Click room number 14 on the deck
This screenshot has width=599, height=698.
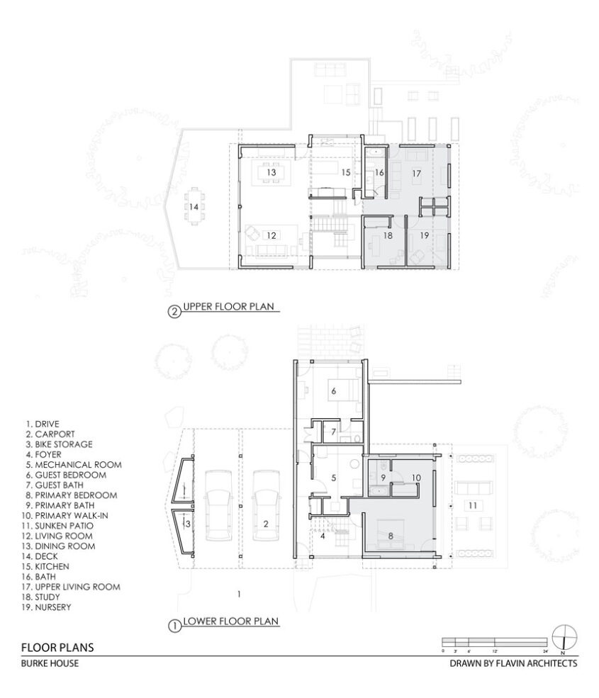tap(194, 207)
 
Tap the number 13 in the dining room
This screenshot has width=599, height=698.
tap(270, 172)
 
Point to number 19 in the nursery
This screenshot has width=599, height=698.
tap(423, 235)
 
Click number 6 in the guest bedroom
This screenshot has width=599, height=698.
tap(333, 389)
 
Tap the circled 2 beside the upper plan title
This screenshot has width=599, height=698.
tap(174, 309)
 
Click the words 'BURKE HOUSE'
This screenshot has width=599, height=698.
tap(49, 665)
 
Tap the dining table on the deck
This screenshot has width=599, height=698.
tap(194, 206)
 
